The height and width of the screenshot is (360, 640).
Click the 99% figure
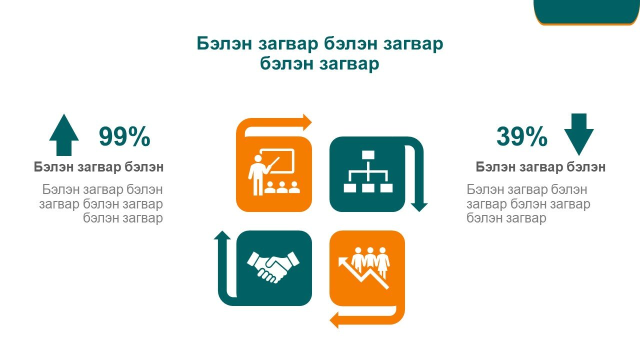pyautogui.click(x=124, y=136)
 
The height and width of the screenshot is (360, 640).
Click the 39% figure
pyautogui.click(x=521, y=136)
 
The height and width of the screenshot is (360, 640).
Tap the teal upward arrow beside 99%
pyautogui.click(x=64, y=135)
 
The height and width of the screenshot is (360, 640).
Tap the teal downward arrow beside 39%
pyautogui.click(x=579, y=134)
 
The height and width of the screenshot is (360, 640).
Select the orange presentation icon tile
pyautogui.click(x=274, y=174)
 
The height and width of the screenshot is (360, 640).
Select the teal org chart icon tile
pyautogui.click(x=367, y=174)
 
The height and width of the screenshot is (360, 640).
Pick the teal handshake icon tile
pyautogui.click(x=274, y=268)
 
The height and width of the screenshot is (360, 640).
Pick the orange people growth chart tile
pyautogui.click(x=367, y=268)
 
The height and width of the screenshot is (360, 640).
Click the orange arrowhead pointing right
pyautogui.click(x=307, y=122)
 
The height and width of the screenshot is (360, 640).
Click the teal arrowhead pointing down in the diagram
pyautogui.click(x=419, y=207)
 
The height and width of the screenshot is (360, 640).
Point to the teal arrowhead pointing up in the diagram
pyautogui.click(x=222, y=235)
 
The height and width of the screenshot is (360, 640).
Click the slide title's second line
pyautogui.click(x=319, y=63)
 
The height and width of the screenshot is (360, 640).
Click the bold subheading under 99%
pyautogui.click(x=98, y=166)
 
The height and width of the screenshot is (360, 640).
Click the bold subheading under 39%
pyautogui.click(x=540, y=166)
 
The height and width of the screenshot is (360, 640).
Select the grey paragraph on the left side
pyautogui.click(x=101, y=203)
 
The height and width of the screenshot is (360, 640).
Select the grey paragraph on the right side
pyautogui.click(x=528, y=203)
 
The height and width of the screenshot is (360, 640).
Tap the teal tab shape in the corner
pyautogui.click(x=586, y=12)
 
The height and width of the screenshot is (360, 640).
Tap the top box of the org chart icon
pyautogui.click(x=368, y=154)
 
